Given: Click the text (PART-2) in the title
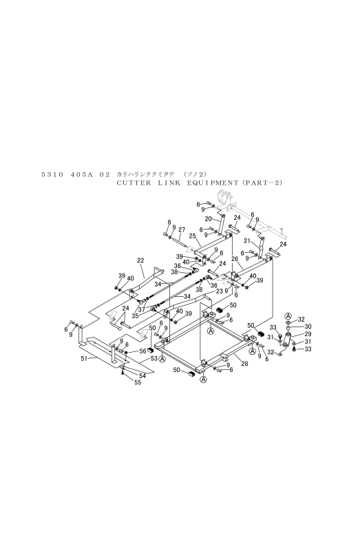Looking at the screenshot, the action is [x=261, y=183].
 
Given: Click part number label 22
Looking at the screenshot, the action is [x=140, y=260].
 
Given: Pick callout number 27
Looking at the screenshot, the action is [x=182, y=229].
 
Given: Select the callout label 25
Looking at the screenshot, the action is [x=192, y=236].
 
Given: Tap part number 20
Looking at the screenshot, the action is [x=208, y=219].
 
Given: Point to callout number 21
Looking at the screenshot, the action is [x=247, y=240].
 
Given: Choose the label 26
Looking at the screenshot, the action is [x=235, y=258].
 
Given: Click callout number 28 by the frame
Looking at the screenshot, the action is [x=244, y=364].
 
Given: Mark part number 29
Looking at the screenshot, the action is [x=298, y=334].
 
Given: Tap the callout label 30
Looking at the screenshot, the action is [x=298, y=327].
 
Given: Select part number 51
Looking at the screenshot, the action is [x=84, y=358].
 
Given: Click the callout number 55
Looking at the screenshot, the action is [x=138, y=382].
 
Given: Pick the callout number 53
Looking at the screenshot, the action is [x=154, y=359].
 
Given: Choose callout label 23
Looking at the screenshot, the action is [x=219, y=291].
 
